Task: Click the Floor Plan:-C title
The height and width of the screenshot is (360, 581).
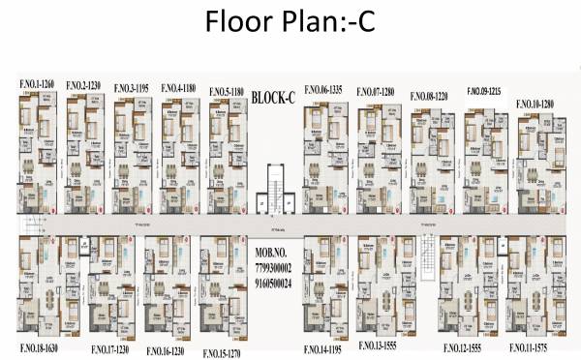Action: click(x=290, y=24)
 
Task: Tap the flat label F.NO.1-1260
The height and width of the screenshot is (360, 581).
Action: click(x=36, y=83)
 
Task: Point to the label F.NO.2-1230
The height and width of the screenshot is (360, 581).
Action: click(x=84, y=86)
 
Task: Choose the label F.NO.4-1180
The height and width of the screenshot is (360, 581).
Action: click(x=178, y=87)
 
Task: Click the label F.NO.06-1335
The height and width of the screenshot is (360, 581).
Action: click(x=323, y=88)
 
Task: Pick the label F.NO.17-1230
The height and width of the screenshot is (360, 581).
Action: click(x=113, y=348)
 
